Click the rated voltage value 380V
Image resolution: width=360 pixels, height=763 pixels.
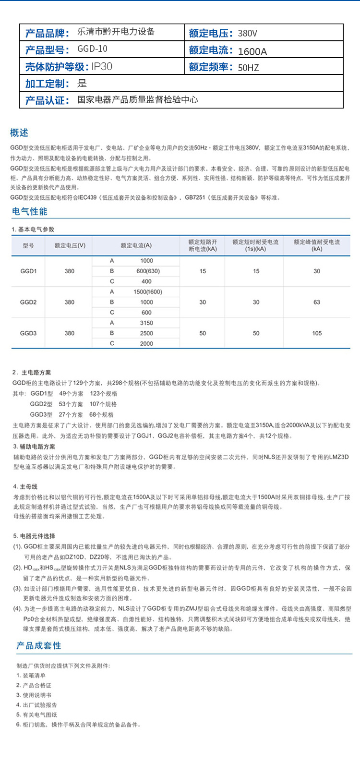pos(248,33)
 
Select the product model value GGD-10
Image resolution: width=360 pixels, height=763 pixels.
pos(92,49)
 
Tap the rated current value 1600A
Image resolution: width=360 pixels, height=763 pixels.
pos(252,51)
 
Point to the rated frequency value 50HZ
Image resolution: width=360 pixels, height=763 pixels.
pos(248,68)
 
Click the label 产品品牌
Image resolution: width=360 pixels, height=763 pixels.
pos(48,33)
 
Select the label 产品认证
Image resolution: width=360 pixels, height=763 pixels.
pos(48,100)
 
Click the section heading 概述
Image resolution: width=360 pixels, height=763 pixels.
pos(19,133)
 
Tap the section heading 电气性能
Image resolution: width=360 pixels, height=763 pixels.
pos(30,211)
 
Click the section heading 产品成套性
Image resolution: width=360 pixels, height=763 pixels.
pos(39,645)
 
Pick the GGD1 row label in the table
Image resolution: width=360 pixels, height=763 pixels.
pos(28,271)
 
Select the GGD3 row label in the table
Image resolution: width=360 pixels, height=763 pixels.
pos(28,333)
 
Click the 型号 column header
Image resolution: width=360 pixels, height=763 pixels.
pos(28,245)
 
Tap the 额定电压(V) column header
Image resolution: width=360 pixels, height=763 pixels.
pos(70,245)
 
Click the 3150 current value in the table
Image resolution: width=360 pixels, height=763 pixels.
pos(146,323)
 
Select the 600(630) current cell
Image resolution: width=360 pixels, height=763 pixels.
pos(148,271)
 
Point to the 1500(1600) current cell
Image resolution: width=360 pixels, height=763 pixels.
pos(148,292)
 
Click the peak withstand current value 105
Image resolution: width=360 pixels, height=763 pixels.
pos(317,333)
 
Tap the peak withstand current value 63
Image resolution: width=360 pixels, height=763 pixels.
pos(317,303)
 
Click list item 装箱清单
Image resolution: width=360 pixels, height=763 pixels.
pos(34,675)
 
